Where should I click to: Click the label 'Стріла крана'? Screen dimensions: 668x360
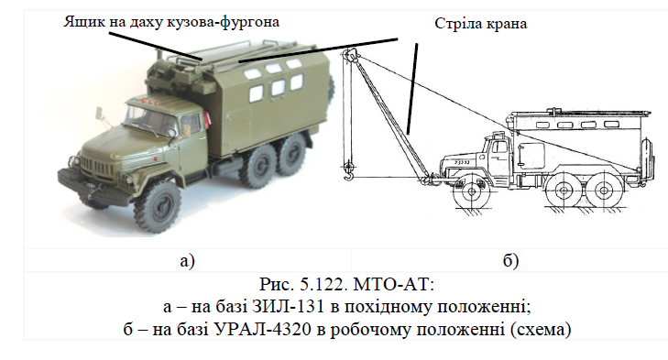tap(480, 24)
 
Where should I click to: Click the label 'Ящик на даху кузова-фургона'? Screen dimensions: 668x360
tap(171, 21)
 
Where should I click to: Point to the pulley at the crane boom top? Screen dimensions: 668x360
tap(350, 55)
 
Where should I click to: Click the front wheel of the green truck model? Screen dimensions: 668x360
tap(157, 207)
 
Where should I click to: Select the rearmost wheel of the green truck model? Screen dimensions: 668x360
tap(291, 153)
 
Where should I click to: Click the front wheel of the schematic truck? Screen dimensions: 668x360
tap(472, 192)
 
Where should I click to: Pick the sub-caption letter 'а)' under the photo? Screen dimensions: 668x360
tap(187, 261)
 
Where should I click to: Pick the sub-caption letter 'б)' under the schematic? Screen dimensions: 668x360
tap(510, 261)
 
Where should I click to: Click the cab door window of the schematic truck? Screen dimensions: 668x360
tap(499, 147)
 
